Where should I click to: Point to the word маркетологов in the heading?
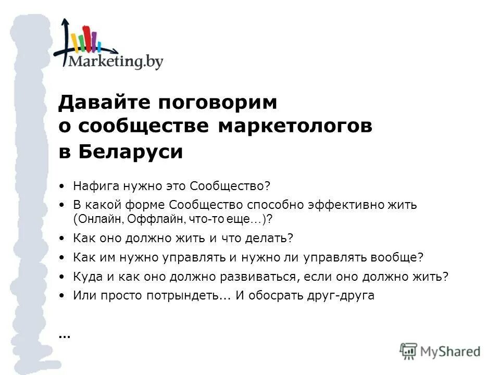coord(295,127)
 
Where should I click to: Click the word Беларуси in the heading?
coord(131,152)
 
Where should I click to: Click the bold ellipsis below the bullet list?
coord(64,335)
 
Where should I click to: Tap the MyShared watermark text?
coord(451,352)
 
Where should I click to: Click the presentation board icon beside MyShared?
coord(409,351)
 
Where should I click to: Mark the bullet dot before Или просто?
coord(63,295)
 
